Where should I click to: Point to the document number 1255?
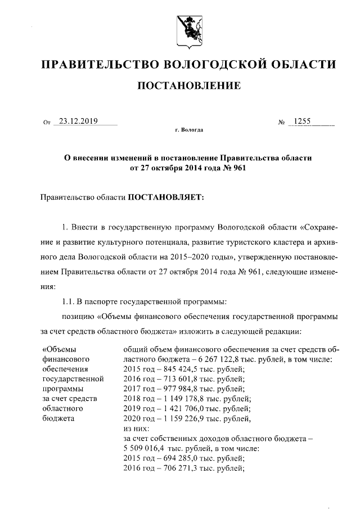pyautogui.click(x=299, y=120)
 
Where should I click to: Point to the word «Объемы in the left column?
pyautogui.click(x=58, y=349)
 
